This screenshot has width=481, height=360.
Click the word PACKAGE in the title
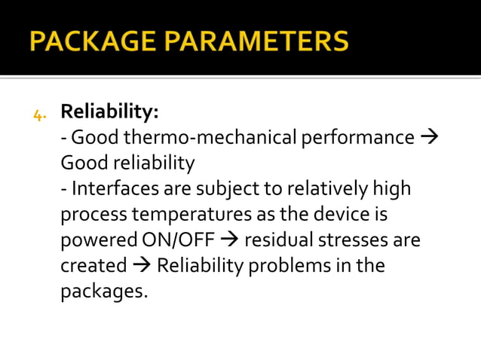coord(93,41)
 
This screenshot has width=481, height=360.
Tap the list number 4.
coord(39,114)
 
